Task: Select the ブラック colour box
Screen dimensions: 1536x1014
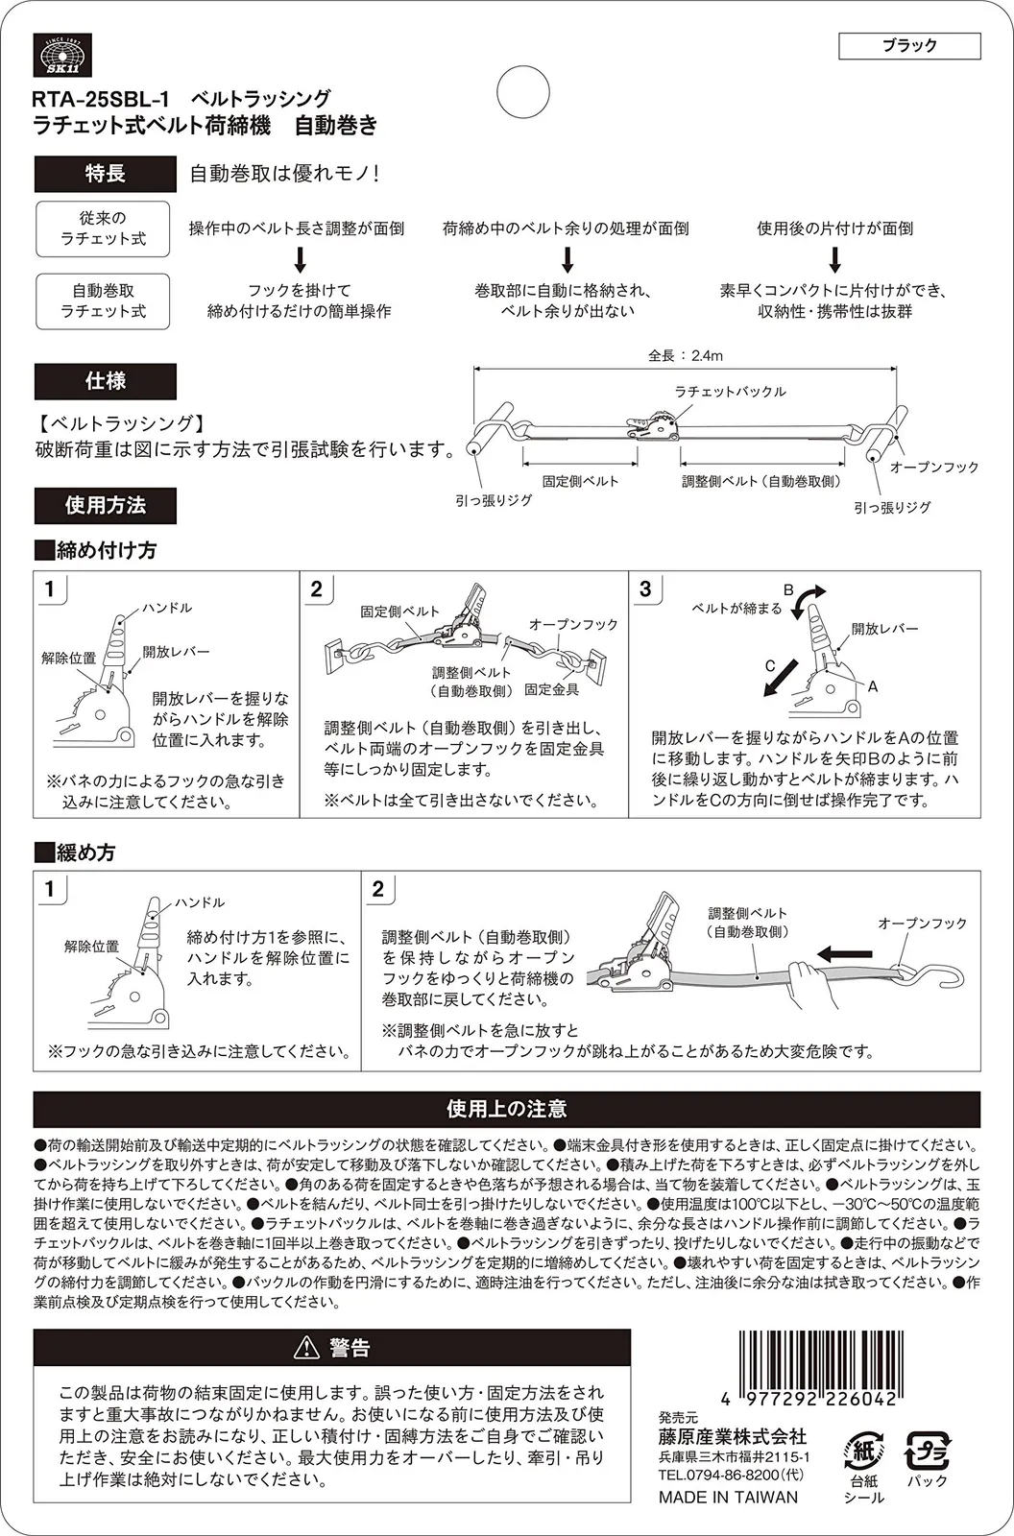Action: point(908,45)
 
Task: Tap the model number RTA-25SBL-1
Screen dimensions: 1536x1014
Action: point(101,99)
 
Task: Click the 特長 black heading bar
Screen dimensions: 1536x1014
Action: point(105,174)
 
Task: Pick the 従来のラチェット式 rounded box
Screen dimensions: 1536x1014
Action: point(103,228)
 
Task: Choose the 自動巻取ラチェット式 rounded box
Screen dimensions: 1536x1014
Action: point(103,300)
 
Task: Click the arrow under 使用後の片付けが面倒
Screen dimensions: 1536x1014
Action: point(835,259)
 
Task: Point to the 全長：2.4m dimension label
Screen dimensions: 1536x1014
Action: point(685,355)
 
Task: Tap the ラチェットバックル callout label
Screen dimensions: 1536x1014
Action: point(730,392)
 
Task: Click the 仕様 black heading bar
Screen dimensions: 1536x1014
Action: point(105,381)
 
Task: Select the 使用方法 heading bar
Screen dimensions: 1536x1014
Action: point(105,505)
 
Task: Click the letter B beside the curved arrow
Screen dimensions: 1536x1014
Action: point(787,589)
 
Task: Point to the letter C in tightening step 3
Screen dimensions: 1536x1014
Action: point(769,665)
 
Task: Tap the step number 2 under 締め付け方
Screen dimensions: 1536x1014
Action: point(317,588)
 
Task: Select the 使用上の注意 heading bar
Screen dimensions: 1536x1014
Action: point(506,1109)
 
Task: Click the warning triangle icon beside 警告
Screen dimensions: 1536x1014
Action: point(306,1348)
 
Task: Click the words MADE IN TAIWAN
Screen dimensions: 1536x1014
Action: point(728,1497)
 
